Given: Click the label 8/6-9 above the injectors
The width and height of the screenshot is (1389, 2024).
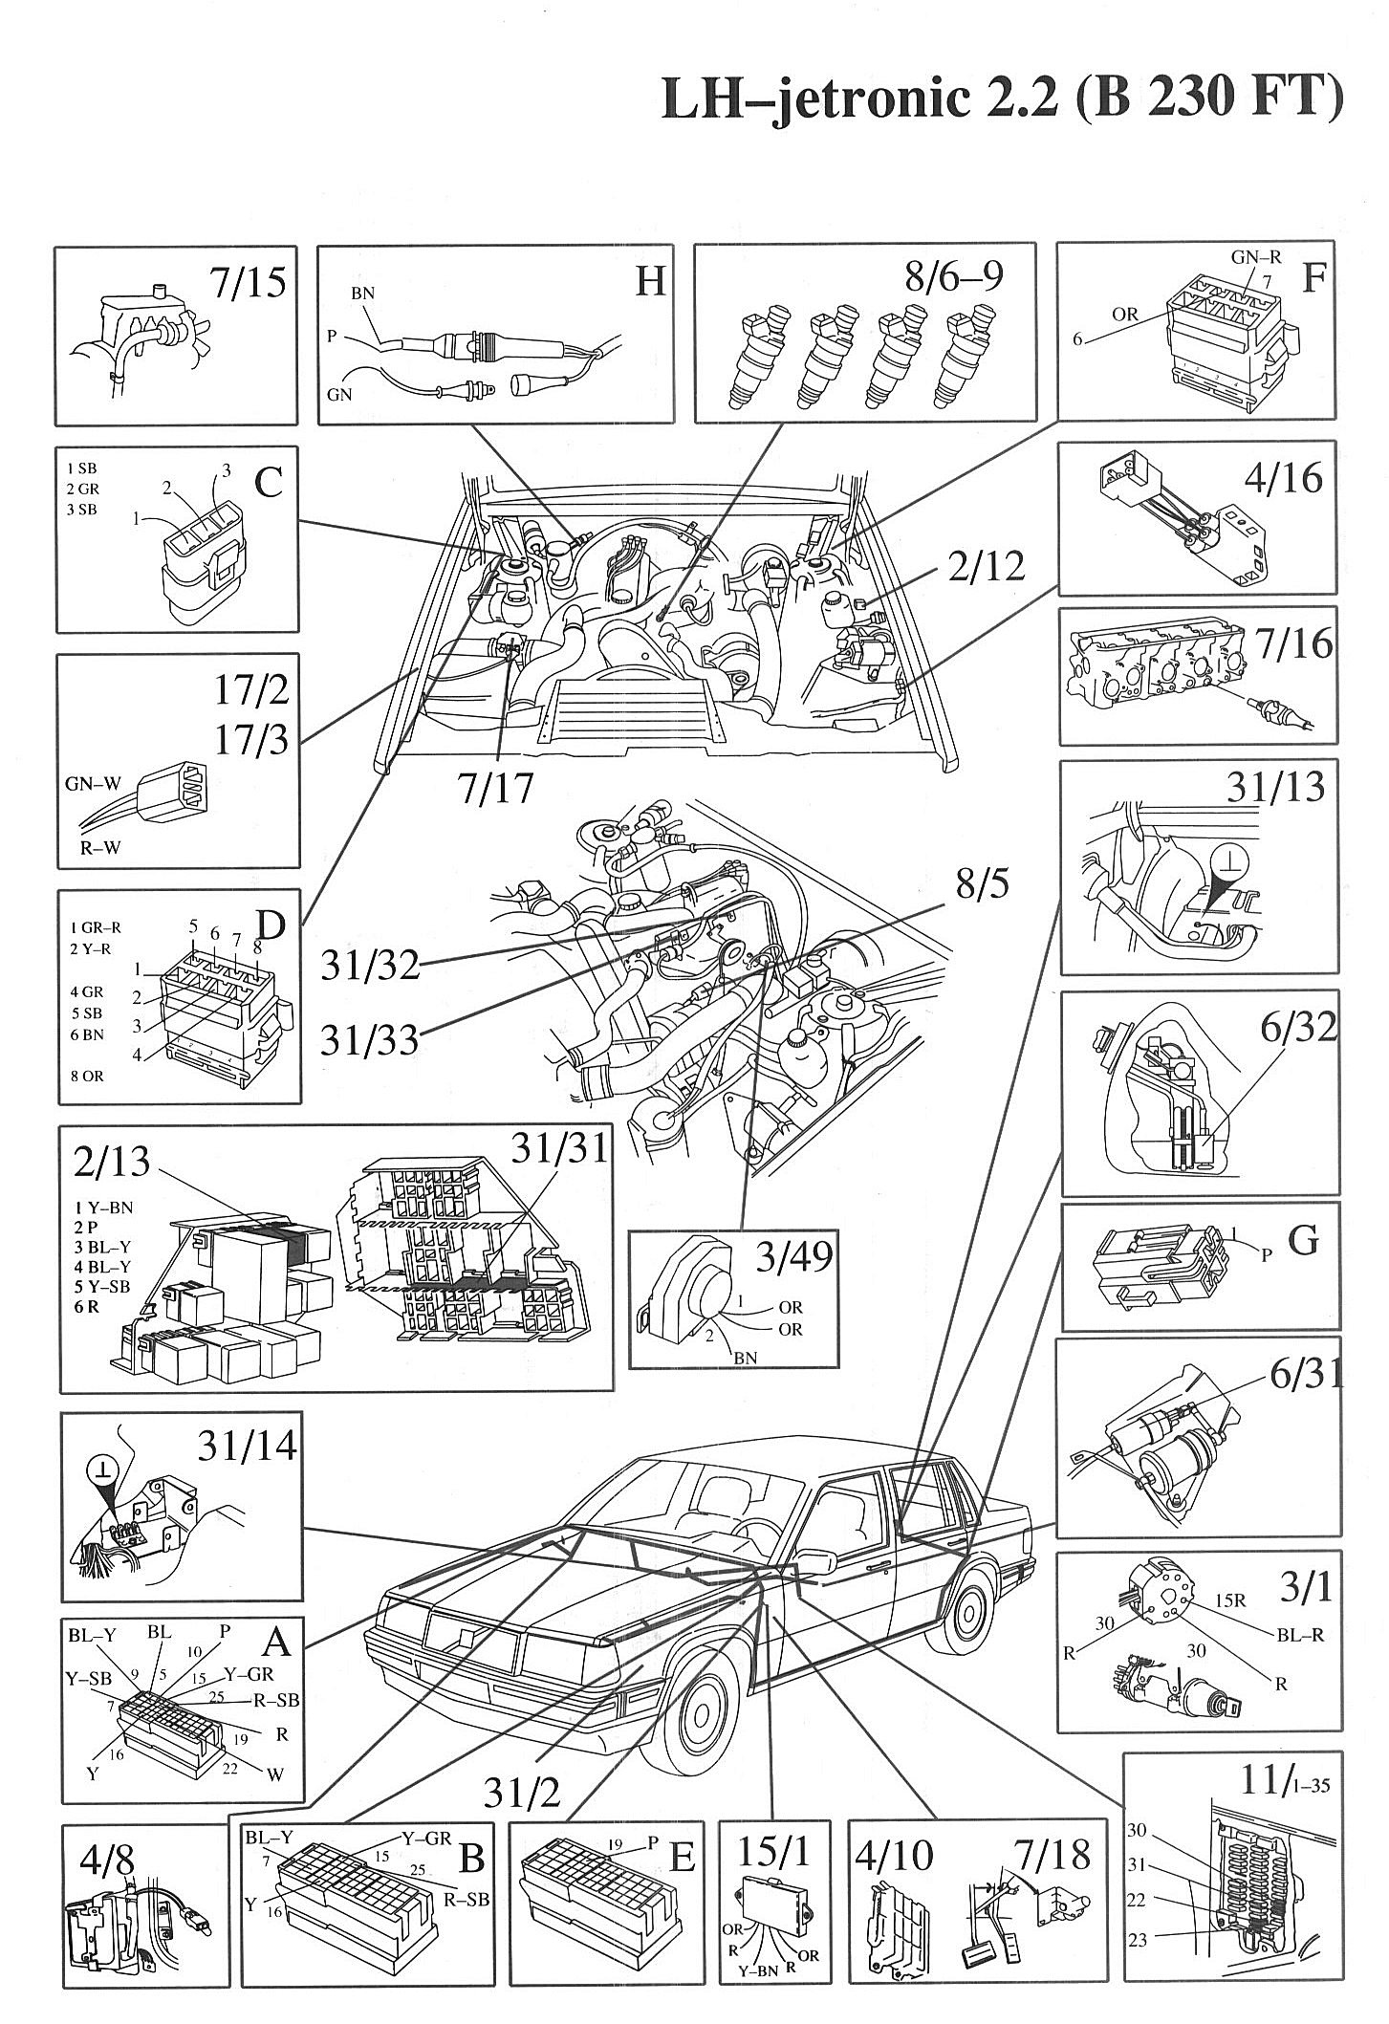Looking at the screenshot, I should coord(952,277).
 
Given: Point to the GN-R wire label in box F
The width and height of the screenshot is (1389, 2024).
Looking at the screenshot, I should coord(1254,258).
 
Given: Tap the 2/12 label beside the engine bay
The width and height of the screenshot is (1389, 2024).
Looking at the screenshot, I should coord(987,566).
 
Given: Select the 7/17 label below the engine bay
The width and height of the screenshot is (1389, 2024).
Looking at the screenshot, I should coord(494,790).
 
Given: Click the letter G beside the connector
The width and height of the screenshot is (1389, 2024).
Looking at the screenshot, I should coord(1304,1241).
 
